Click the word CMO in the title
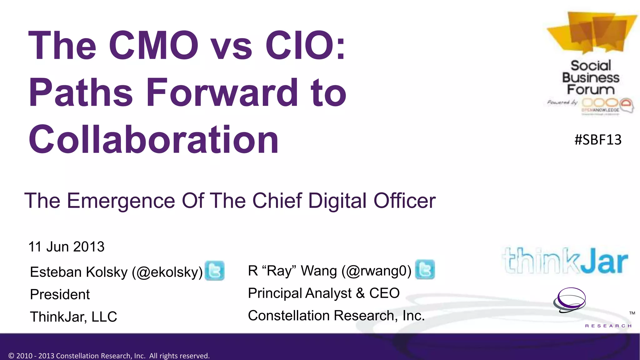coord(153,45)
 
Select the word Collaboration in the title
coord(153,139)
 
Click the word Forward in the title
coord(222,92)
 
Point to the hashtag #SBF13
coord(598,140)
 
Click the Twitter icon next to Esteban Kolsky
coord(214,271)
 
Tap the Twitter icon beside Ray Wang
coord(425,269)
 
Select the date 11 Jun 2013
coord(66,247)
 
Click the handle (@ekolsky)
coord(167,272)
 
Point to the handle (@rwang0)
coord(376,271)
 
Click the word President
coord(60,294)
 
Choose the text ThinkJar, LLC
coord(73,317)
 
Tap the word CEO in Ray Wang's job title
coord(384,293)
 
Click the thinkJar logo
coord(565,261)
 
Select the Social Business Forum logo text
coord(590,78)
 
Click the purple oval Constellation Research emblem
coord(570,300)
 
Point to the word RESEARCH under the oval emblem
coord(608,326)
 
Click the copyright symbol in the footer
coord(12,356)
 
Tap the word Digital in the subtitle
coord(337,201)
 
